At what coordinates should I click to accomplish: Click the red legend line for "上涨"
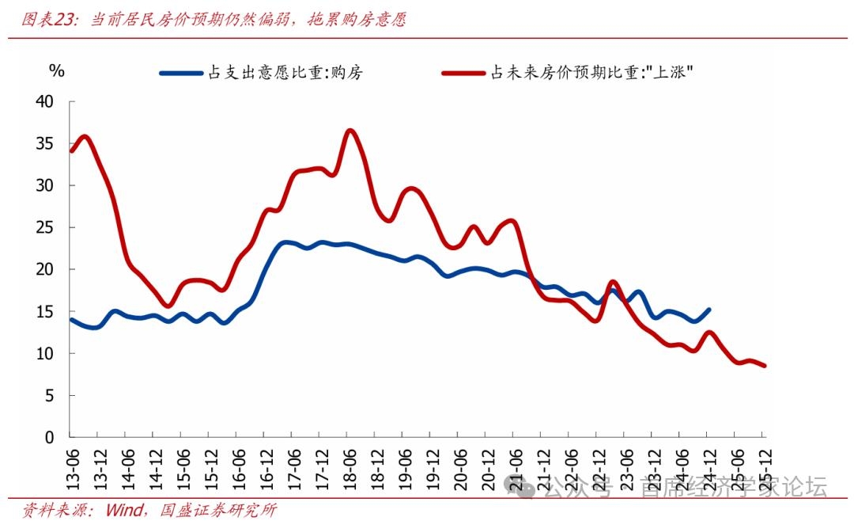pyautogui.click(x=463, y=73)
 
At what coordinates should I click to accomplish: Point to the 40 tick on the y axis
pyautogui.click(x=44, y=102)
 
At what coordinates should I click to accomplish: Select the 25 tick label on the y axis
pyautogui.click(x=44, y=228)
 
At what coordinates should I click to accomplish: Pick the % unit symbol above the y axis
pyautogui.click(x=56, y=70)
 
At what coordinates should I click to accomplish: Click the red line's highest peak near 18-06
pyautogui.click(x=350, y=131)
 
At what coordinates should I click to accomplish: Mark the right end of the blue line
pyautogui.click(x=708, y=310)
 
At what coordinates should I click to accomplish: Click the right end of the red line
pyautogui.click(x=764, y=366)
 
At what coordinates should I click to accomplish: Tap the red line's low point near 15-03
pyautogui.click(x=168, y=306)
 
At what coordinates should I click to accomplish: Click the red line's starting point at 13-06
pyautogui.click(x=72, y=150)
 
